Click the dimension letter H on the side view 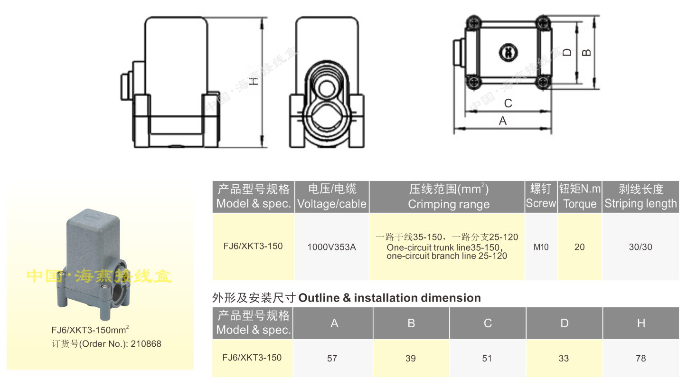click(x=255, y=81)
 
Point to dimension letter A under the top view click(x=503, y=121)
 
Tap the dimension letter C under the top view click(x=508, y=103)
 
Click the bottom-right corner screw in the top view click(x=543, y=82)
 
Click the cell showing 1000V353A click(x=331, y=247)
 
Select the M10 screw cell click(x=541, y=247)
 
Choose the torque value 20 click(x=580, y=247)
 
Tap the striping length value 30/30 click(x=640, y=247)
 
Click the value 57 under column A click(x=332, y=358)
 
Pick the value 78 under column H click(x=640, y=358)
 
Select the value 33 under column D click(x=564, y=358)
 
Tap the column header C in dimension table click(x=488, y=323)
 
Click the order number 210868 click(x=146, y=344)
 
